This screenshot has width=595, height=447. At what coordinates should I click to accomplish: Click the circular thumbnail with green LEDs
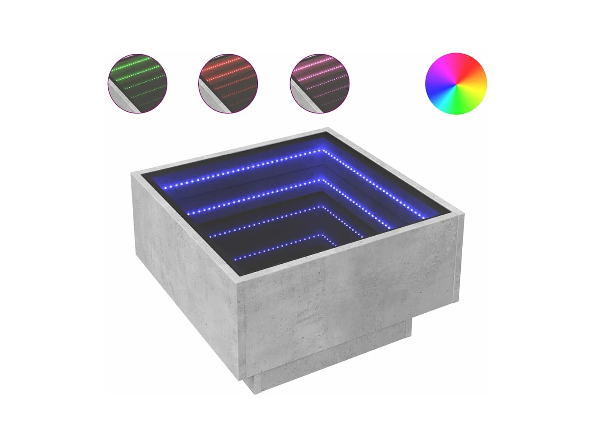click(x=137, y=83)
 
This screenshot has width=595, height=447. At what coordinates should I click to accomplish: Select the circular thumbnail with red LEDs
click(x=228, y=83)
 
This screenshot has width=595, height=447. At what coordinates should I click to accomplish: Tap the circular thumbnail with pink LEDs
click(x=320, y=83)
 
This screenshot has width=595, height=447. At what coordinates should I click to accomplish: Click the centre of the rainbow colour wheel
click(x=456, y=83)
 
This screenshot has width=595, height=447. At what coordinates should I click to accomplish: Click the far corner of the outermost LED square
click(x=324, y=150)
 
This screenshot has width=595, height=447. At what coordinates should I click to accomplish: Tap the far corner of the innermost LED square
click(x=324, y=234)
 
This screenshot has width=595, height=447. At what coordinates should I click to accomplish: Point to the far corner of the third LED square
click(x=324, y=207)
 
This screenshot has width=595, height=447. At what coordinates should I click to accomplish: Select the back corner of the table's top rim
click(x=328, y=129)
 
